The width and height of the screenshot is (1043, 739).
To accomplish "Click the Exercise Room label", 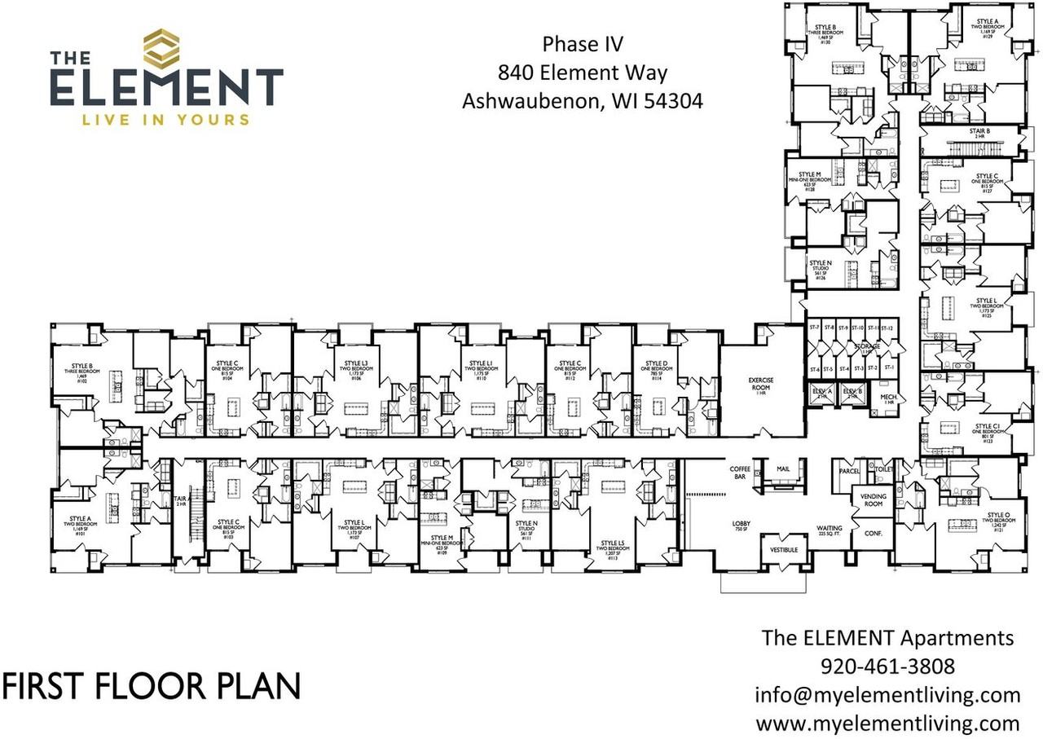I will (x=761, y=385).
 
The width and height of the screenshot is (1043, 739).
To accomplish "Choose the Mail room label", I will (x=783, y=470).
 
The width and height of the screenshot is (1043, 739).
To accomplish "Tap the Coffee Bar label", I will (x=740, y=473).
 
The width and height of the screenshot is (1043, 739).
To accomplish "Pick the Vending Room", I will (x=873, y=500).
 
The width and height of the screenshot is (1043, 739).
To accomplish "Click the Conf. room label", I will (x=873, y=534).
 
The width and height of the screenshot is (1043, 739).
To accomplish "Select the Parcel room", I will (x=849, y=471).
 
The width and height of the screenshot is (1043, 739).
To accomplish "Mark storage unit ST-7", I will (x=813, y=328).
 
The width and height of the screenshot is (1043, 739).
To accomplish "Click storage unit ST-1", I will (x=889, y=368).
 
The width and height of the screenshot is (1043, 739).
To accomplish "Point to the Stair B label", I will (x=981, y=134).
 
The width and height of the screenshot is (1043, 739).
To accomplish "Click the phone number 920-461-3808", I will (x=888, y=666).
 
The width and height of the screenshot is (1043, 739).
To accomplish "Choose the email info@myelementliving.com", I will (x=888, y=694).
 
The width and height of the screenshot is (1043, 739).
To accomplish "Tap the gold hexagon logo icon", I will (x=161, y=49).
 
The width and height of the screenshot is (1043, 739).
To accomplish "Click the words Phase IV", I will (x=582, y=43).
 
